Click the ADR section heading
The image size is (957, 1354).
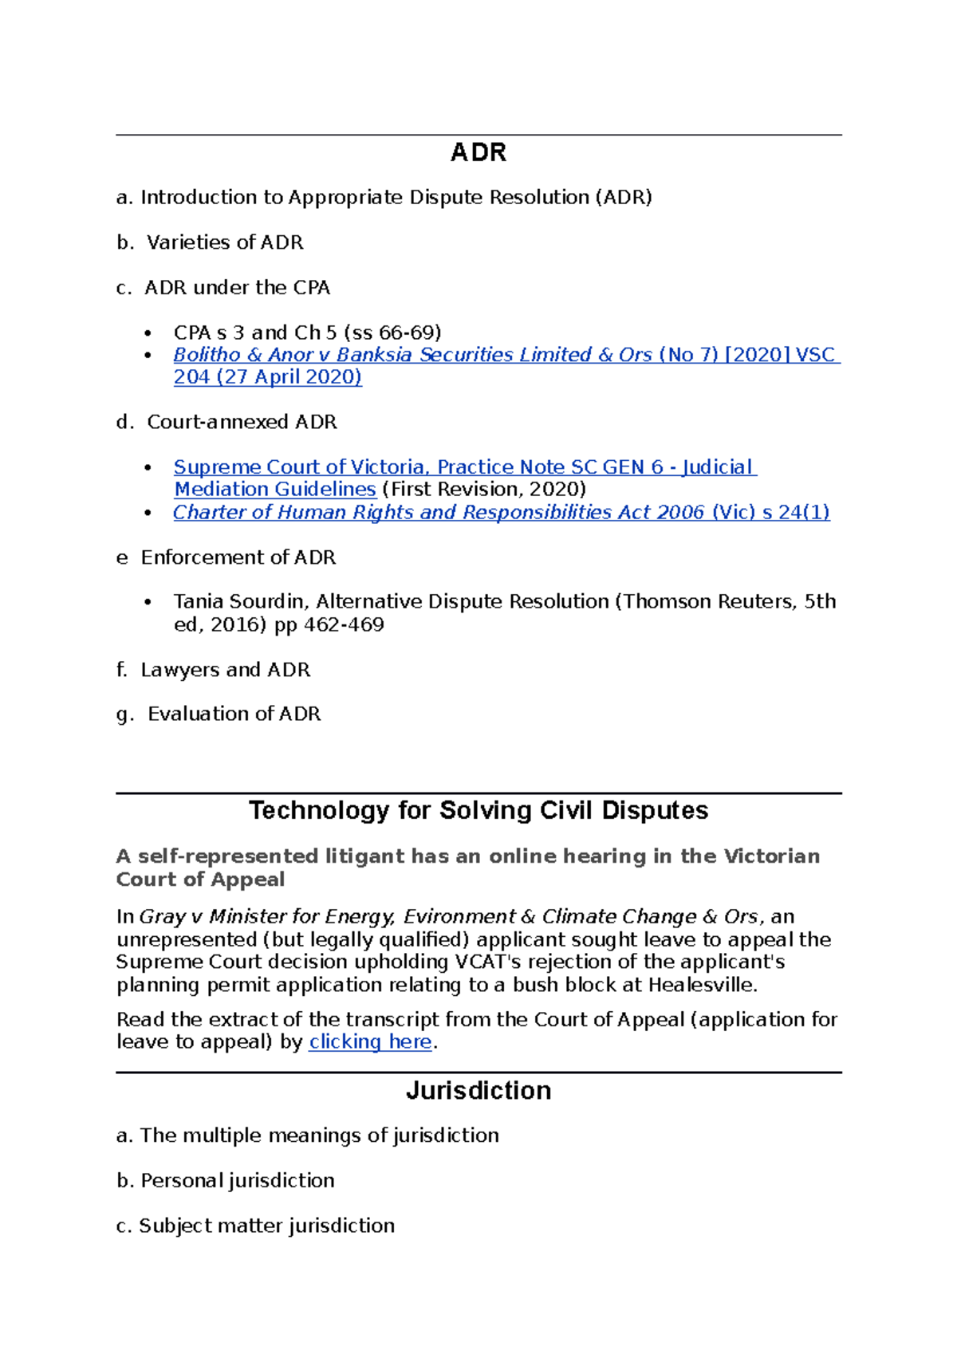click(x=478, y=152)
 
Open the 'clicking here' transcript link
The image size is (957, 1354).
click(x=370, y=1041)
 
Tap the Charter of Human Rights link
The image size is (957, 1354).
click(x=501, y=512)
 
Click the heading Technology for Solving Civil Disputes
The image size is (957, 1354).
click(x=478, y=810)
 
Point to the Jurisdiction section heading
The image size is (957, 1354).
click(x=478, y=1090)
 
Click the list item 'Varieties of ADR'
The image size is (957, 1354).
click(x=224, y=242)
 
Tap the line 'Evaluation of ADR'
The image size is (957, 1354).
click(x=234, y=714)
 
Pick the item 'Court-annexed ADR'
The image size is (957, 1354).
click(x=242, y=422)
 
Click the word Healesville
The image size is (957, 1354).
click(x=701, y=985)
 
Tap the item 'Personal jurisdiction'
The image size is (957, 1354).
click(x=237, y=1180)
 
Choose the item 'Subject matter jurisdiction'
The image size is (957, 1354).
click(x=266, y=1226)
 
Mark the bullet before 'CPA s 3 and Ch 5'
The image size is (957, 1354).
click(x=148, y=333)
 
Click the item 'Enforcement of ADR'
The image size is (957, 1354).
click(x=238, y=557)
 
